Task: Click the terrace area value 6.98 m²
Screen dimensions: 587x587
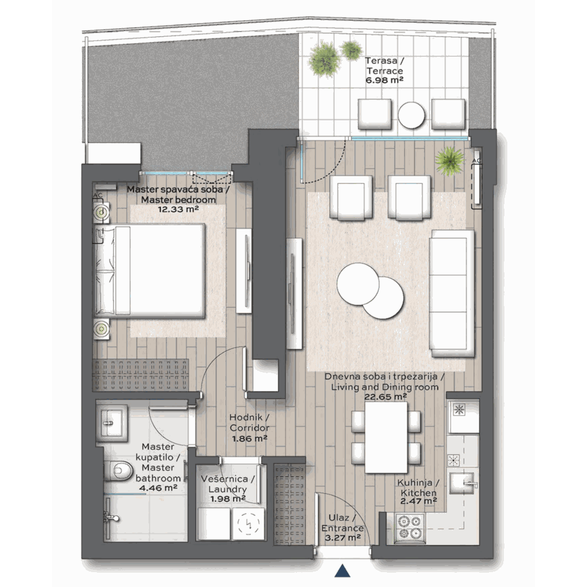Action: (385, 80)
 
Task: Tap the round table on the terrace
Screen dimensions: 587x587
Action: (412, 115)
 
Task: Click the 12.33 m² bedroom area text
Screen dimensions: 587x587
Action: (178, 209)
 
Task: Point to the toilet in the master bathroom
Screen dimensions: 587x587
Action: (118, 470)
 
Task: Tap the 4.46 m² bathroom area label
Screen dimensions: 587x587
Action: (158, 488)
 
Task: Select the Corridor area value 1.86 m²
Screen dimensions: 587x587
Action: (249, 439)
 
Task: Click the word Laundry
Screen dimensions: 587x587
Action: (228, 490)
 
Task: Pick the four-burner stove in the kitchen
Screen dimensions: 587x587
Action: (410, 527)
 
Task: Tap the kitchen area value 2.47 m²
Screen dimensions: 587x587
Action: (418, 501)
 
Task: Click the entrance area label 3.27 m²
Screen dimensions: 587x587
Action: (342, 538)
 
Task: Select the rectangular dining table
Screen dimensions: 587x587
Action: (386, 437)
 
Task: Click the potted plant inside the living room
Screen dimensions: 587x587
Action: (449, 161)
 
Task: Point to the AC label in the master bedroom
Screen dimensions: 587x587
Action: (97, 195)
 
